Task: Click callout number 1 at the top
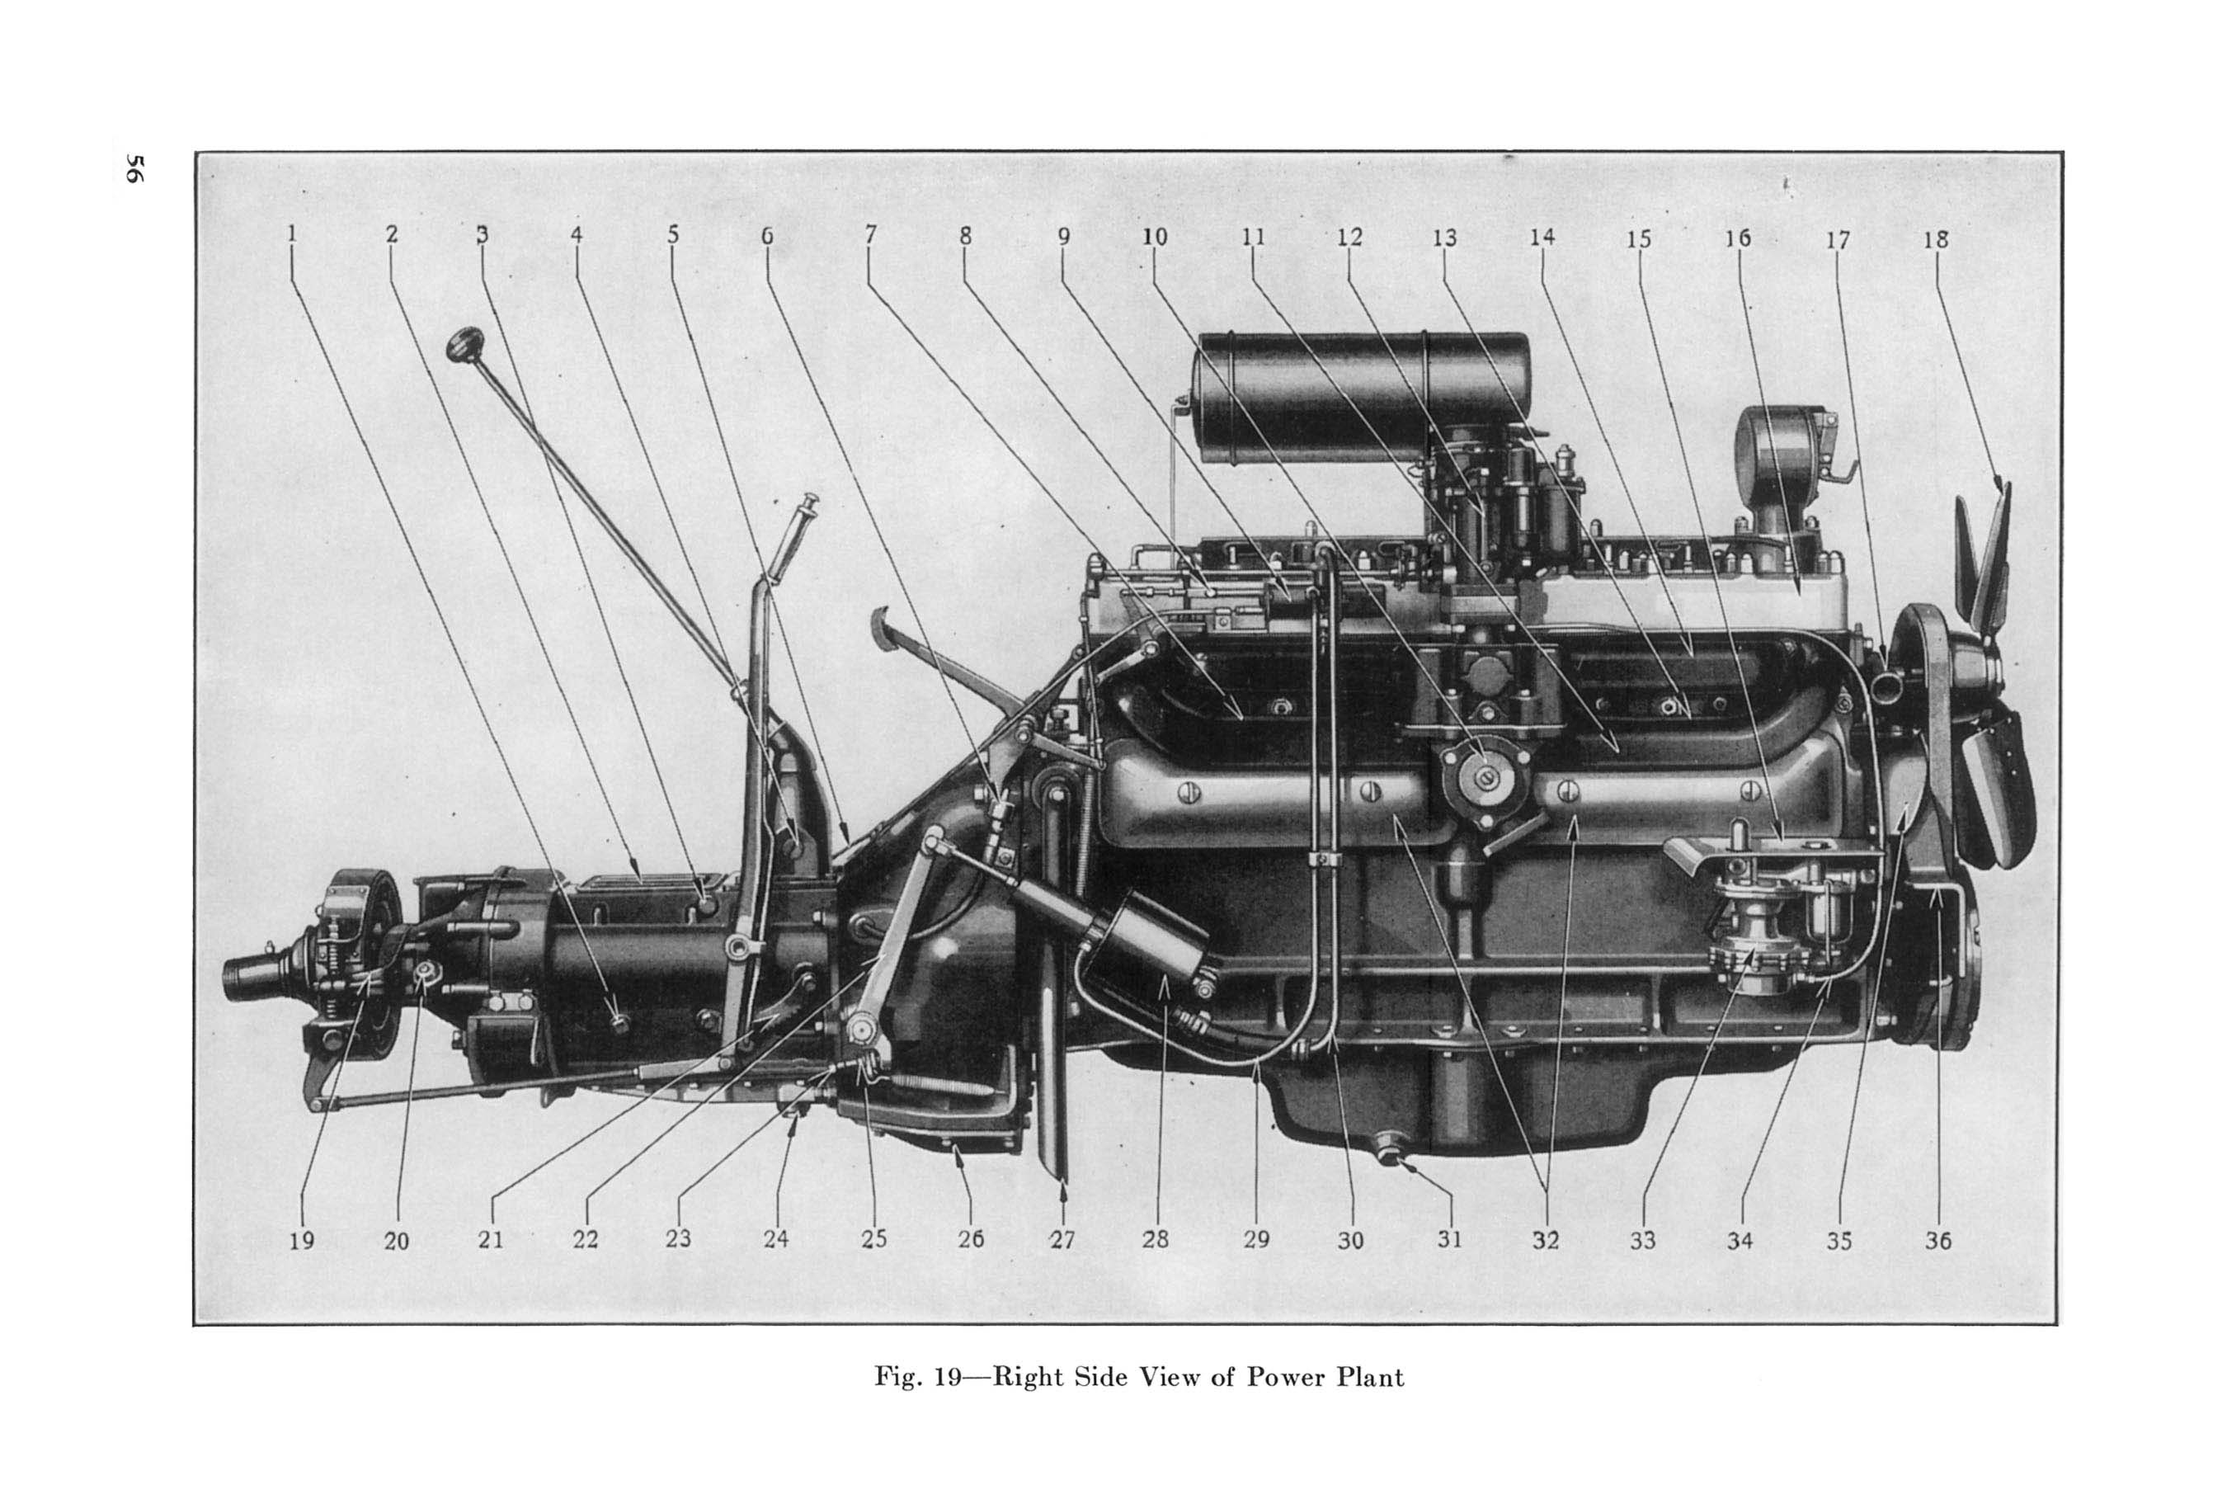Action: tap(292, 233)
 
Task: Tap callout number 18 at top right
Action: tap(1935, 239)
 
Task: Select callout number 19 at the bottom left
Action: tap(301, 1240)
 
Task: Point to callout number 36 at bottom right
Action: tap(1937, 1240)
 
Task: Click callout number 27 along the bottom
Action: tap(1062, 1239)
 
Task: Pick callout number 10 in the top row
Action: tap(1154, 237)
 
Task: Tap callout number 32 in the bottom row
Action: tap(1544, 1240)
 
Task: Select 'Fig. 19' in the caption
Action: tap(916, 1377)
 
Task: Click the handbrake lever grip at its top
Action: tap(810, 503)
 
